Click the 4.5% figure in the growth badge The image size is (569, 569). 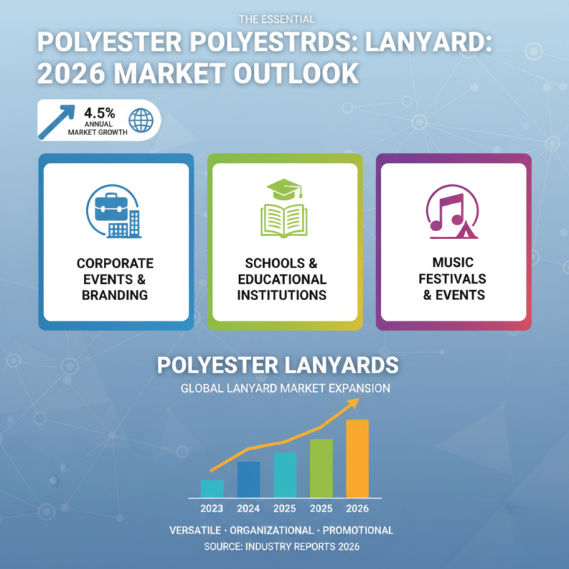click(x=100, y=113)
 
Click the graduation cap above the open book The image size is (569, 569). click(x=283, y=188)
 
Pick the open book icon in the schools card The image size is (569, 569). click(x=284, y=220)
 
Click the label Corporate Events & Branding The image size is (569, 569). click(x=115, y=279)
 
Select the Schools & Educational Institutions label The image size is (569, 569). click(x=284, y=279)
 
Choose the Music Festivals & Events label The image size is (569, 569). click(x=453, y=279)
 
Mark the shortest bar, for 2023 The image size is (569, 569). click(x=212, y=489)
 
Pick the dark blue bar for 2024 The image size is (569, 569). click(x=248, y=479)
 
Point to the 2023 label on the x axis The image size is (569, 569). click(x=211, y=509)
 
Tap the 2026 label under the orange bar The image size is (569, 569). click(x=357, y=509)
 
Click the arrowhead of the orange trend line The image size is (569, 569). click(x=353, y=403)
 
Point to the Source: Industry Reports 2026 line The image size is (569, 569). click(x=282, y=547)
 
